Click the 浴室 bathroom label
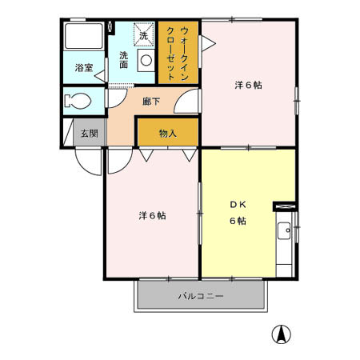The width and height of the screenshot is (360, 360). click(83, 68)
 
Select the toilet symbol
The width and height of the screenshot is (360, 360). click(79, 102)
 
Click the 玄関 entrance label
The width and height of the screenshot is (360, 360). click(88, 133)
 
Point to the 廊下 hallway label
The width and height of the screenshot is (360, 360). click(150, 102)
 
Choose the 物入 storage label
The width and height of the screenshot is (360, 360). click(167, 133)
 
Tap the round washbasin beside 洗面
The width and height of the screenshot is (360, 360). click(146, 60)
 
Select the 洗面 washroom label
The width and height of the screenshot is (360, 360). click(125, 59)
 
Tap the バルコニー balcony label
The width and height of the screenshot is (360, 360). click(200, 297)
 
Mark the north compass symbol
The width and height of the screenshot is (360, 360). click(282, 334)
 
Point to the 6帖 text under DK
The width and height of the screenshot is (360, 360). click(238, 221)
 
